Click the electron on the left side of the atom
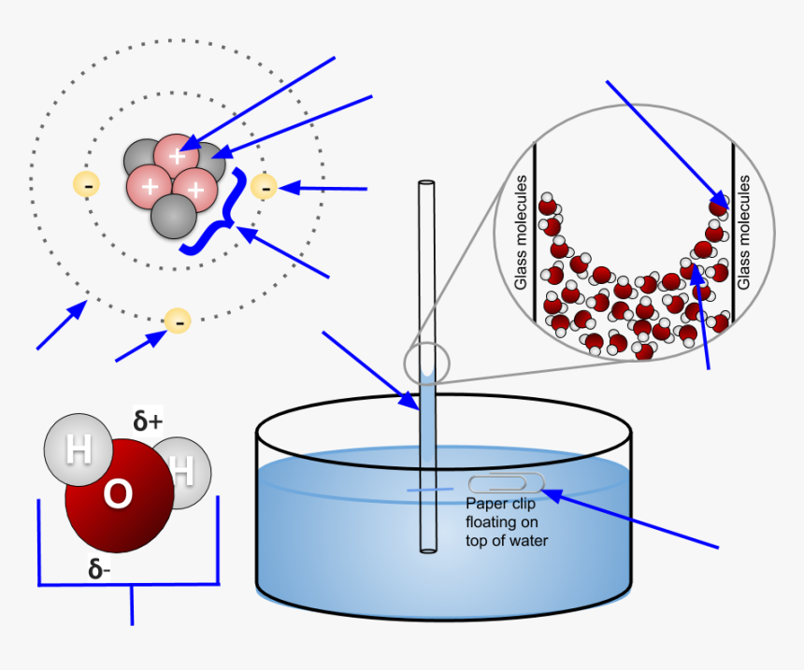[87, 184]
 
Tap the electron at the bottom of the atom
[177, 321]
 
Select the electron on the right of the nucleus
[265, 187]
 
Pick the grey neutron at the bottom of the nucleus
[174, 217]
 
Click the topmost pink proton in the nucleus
[176, 155]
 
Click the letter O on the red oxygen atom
[118, 494]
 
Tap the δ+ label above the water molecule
[148, 422]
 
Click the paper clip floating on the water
[505, 483]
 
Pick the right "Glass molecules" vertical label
[744, 232]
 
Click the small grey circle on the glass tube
[426, 364]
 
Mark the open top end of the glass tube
[426, 184]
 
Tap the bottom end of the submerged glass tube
[427, 549]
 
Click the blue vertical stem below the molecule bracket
[132, 605]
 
